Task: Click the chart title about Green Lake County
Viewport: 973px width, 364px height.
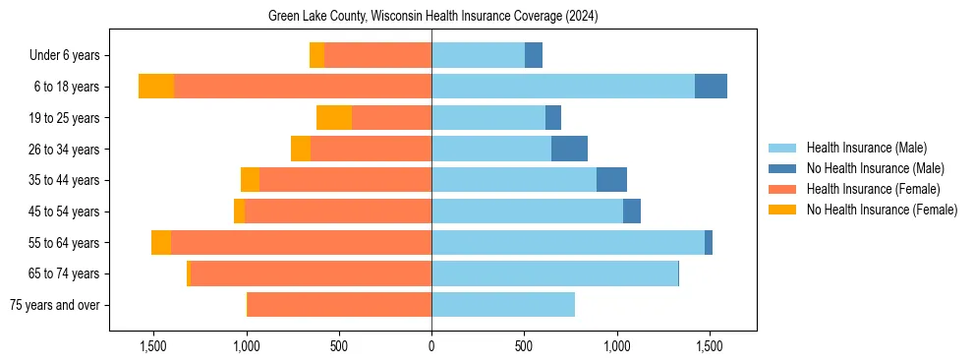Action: (432, 17)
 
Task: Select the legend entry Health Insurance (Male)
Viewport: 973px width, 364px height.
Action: (866, 148)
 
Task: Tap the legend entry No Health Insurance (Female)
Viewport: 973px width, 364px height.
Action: (882, 210)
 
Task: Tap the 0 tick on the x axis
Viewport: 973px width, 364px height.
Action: (431, 346)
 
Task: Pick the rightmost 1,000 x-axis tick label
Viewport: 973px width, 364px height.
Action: (617, 346)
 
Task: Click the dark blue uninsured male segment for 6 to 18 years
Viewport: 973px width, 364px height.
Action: (711, 87)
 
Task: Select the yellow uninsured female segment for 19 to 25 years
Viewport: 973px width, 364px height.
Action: (334, 118)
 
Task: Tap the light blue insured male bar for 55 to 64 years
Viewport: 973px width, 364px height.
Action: (568, 243)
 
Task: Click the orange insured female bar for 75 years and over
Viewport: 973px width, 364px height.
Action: (339, 305)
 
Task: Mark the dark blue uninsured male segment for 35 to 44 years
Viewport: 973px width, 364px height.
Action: (611, 180)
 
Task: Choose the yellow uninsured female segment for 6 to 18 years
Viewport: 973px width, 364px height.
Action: (156, 87)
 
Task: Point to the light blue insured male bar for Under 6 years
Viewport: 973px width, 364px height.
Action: (478, 55)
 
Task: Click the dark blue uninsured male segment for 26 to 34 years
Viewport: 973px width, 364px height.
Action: (569, 149)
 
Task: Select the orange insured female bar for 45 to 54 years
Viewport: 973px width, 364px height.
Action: (338, 212)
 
